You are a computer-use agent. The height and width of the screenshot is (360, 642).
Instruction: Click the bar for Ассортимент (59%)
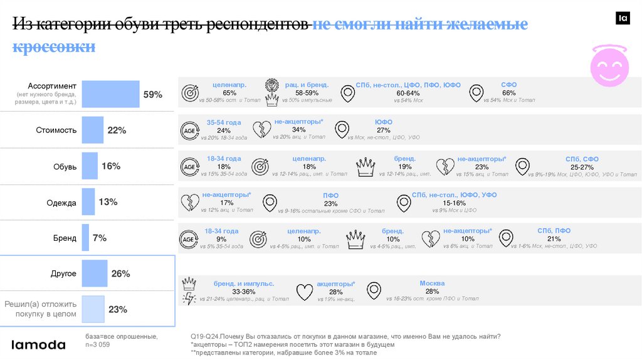point(111,94)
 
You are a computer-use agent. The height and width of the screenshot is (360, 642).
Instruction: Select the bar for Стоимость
point(93,130)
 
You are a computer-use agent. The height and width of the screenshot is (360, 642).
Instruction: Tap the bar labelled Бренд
point(85,238)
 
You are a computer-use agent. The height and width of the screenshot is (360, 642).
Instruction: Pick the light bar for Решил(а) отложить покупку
point(92,309)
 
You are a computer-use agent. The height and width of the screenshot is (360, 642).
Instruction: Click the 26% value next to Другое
point(120,274)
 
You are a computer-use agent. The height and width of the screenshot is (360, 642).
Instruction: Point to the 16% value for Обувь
point(110,166)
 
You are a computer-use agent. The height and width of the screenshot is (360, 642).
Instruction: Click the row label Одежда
point(61,203)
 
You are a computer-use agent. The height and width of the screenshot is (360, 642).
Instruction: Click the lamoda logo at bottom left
point(39,344)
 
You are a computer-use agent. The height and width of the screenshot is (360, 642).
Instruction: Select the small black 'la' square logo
point(623,19)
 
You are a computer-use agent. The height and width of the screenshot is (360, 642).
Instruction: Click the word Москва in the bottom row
point(432,283)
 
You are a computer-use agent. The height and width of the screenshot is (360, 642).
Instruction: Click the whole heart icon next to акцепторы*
point(304,292)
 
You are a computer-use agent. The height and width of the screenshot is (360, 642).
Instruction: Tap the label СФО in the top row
point(508,85)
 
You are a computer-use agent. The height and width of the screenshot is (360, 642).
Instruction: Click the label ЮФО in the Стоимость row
point(383,122)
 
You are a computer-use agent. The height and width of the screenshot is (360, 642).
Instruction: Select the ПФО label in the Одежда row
point(330,196)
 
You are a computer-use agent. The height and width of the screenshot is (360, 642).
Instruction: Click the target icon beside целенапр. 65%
point(190,93)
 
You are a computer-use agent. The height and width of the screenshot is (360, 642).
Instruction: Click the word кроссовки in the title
point(54,47)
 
